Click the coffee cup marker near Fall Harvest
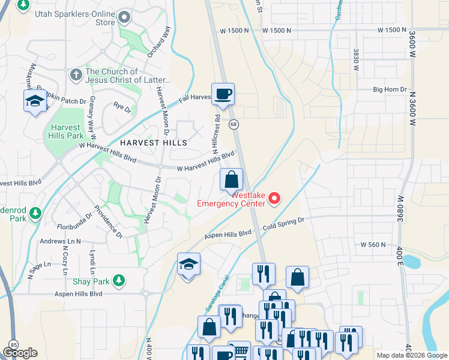[223, 94]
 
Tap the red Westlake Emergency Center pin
[274, 198]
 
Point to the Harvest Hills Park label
[65, 131]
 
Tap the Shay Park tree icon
[119, 280]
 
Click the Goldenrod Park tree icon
[35, 212]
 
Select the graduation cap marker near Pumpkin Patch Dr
[35, 101]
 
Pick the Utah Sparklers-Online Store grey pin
[125, 17]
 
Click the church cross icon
[76, 74]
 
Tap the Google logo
[20, 353]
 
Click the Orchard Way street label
[159, 41]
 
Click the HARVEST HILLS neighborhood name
[153, 143]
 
